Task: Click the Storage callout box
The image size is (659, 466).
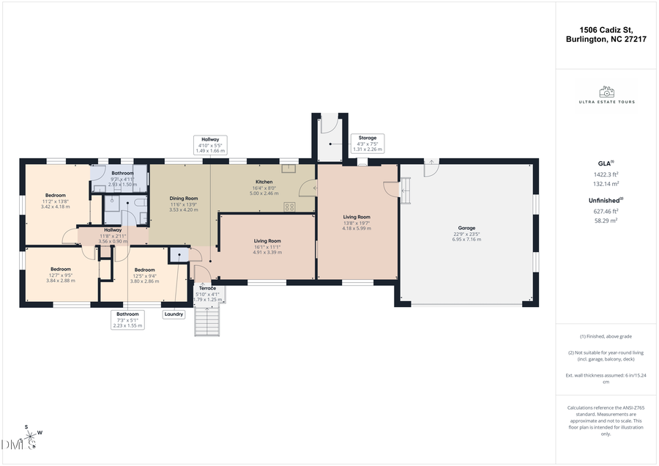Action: [368, 143]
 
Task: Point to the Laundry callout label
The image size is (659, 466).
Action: [174, 314]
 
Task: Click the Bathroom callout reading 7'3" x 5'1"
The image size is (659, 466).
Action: [127, 320]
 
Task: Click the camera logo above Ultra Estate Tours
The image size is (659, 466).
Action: [606, 92]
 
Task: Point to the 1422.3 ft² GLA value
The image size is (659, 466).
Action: [606, 175]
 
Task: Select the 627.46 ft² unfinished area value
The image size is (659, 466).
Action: [606, 211]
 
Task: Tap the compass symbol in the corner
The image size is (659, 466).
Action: [31, 437]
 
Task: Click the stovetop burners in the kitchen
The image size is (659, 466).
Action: [289, 207]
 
